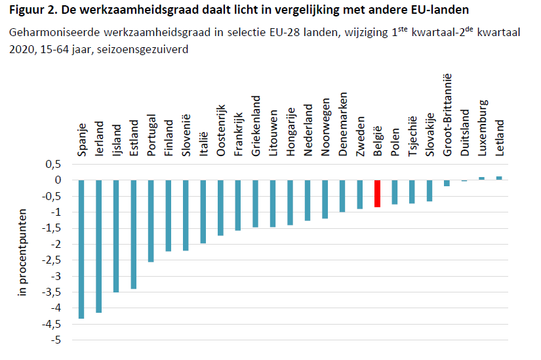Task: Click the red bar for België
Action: pos(377,193)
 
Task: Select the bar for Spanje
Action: pos(81,249)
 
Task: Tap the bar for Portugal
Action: pos(151,220)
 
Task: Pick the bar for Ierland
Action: pos(99,246)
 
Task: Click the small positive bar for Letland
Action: pos(499,178)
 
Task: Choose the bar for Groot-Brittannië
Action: pos(447,183)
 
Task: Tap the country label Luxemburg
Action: pos(482,127)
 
